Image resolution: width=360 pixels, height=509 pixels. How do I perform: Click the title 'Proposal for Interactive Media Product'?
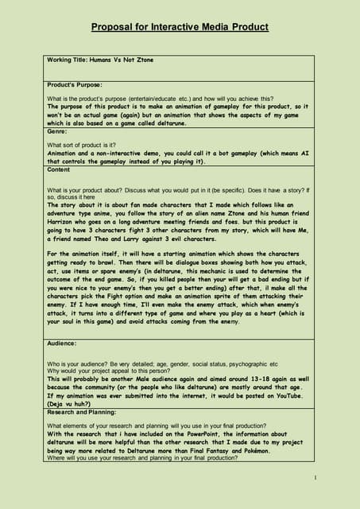click(x=180, y=27)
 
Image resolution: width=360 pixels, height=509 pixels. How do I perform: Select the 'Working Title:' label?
click(x=71, y=60)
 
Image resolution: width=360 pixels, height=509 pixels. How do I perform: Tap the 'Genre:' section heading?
click(x=58, y=131)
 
